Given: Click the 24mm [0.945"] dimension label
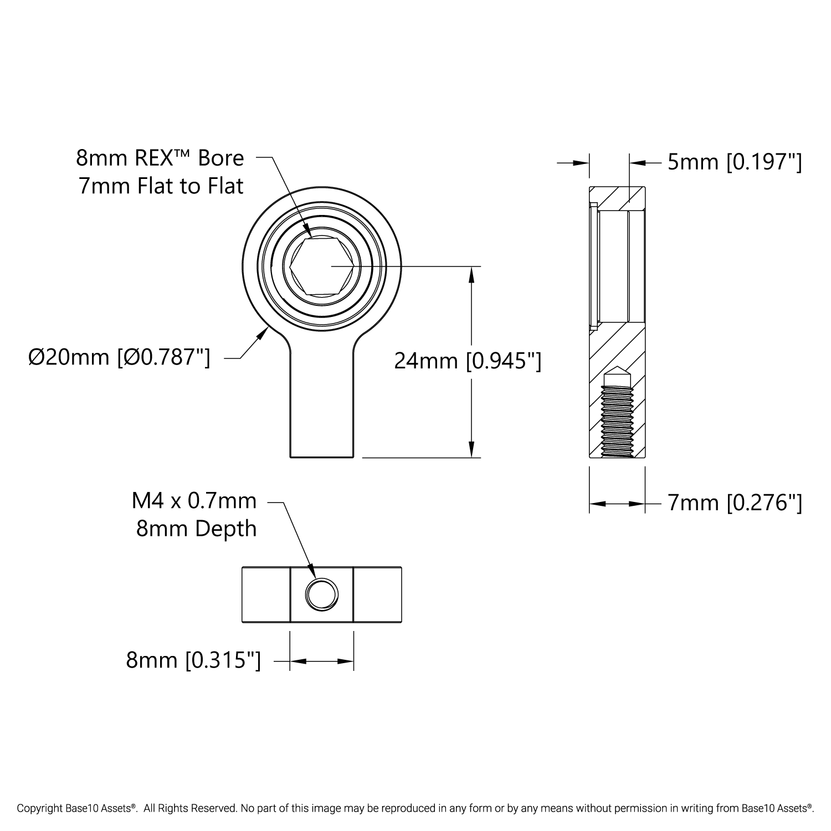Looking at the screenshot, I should click(467, 361).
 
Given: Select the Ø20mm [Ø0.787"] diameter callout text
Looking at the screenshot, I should click(119, 358).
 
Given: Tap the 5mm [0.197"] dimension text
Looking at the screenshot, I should click(735, 162).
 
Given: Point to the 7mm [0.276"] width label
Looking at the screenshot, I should click(735, 503).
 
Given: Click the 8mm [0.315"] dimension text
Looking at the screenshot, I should click(193, 660).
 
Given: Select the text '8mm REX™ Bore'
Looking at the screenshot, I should click(160, 158).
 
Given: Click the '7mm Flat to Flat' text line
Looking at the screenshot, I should click(161, 186).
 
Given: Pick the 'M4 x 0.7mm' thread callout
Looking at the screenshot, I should click(194, 501).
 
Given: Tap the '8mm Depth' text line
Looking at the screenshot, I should click(197, 529).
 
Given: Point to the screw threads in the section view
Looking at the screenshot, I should click(617, 421).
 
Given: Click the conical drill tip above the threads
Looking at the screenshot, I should click(617, 375).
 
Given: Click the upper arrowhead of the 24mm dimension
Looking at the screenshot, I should click(471, 275).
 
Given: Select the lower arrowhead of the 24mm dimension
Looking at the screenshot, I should click(471, 449).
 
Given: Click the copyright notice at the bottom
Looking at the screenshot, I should click(416, 808).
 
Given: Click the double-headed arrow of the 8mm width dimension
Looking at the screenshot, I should click(321, 660).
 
